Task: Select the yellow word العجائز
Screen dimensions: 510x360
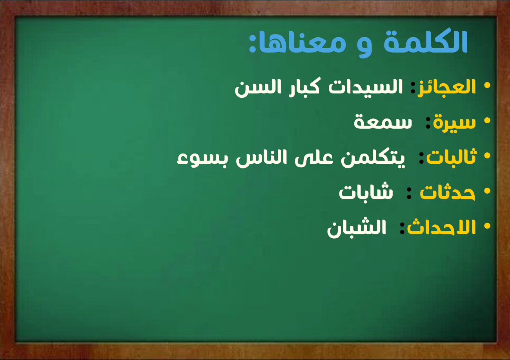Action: (x=446, y=88)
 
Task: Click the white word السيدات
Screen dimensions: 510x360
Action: (x=365, y=88)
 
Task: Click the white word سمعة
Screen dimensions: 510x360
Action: (x=383, y=122)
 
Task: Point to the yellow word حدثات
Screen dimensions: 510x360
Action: (x=447, y=192)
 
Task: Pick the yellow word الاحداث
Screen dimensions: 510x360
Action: (x=441, y=227)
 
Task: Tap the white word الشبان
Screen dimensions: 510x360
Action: (x=357, y=228)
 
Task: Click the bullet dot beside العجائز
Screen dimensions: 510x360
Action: (x=487, y=86)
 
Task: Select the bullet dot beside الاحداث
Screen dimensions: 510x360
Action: (x=487, y=226)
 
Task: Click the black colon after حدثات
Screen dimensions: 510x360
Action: (x=409, y=193)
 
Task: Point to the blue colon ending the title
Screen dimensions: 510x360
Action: (x=252, y=43)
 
